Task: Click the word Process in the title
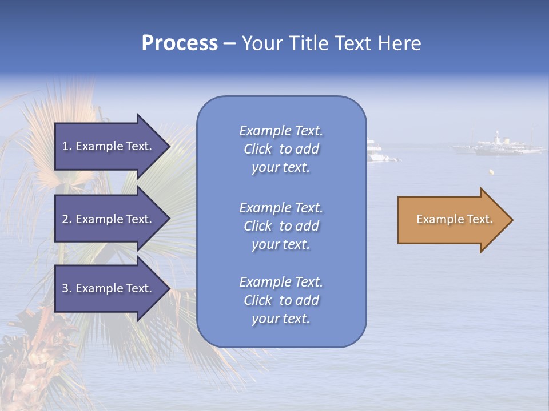180,43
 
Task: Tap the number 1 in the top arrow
65,146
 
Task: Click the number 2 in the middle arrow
65,219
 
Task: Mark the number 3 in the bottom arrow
65,288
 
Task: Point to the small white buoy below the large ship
491,171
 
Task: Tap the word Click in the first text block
258,149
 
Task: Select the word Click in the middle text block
258,226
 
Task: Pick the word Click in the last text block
258,300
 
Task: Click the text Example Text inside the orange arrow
454,219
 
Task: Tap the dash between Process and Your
229,44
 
